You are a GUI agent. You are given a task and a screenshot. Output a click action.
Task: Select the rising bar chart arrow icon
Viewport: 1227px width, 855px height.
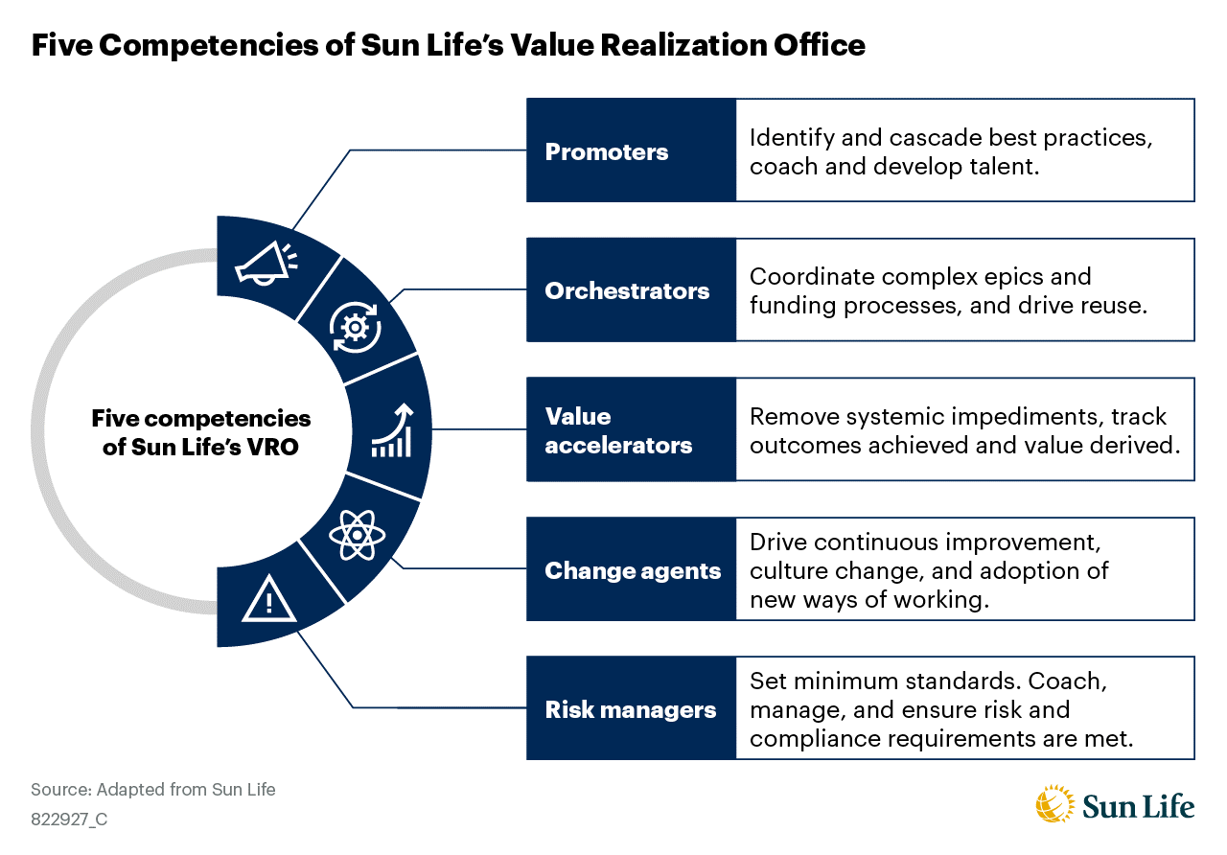(391, 430)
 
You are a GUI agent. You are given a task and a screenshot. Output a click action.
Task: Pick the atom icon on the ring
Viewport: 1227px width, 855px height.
(356, 534)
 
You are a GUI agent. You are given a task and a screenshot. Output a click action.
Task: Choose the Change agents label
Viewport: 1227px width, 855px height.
(631, 571)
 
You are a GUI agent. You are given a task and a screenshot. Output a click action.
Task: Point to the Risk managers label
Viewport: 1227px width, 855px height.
(631, 710)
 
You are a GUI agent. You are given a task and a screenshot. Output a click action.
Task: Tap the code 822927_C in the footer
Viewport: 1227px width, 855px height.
(69, 820)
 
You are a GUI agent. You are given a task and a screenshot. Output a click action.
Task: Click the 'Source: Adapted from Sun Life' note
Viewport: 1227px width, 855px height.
(153, 790)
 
